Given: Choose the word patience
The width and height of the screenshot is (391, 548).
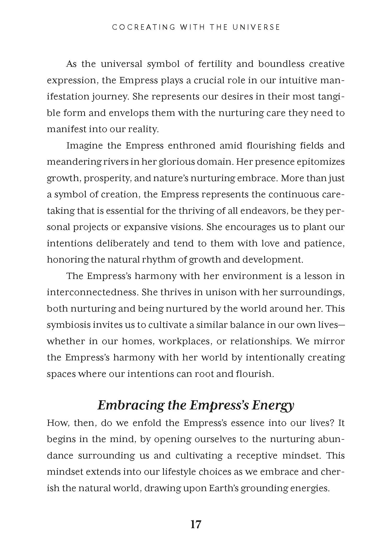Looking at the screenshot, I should click(324, 243).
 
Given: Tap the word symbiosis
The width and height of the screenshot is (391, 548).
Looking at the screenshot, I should click(69, 325).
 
